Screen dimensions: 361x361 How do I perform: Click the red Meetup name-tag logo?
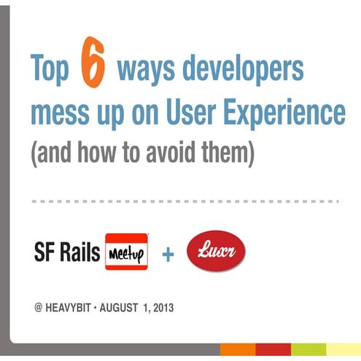point(126,252)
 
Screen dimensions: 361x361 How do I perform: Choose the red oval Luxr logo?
point(217,252)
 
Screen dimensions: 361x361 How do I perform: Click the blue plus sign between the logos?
point(168,254)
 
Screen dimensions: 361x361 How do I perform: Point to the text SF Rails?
point(68,252)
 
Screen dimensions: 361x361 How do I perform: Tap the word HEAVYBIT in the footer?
point(74,308)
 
